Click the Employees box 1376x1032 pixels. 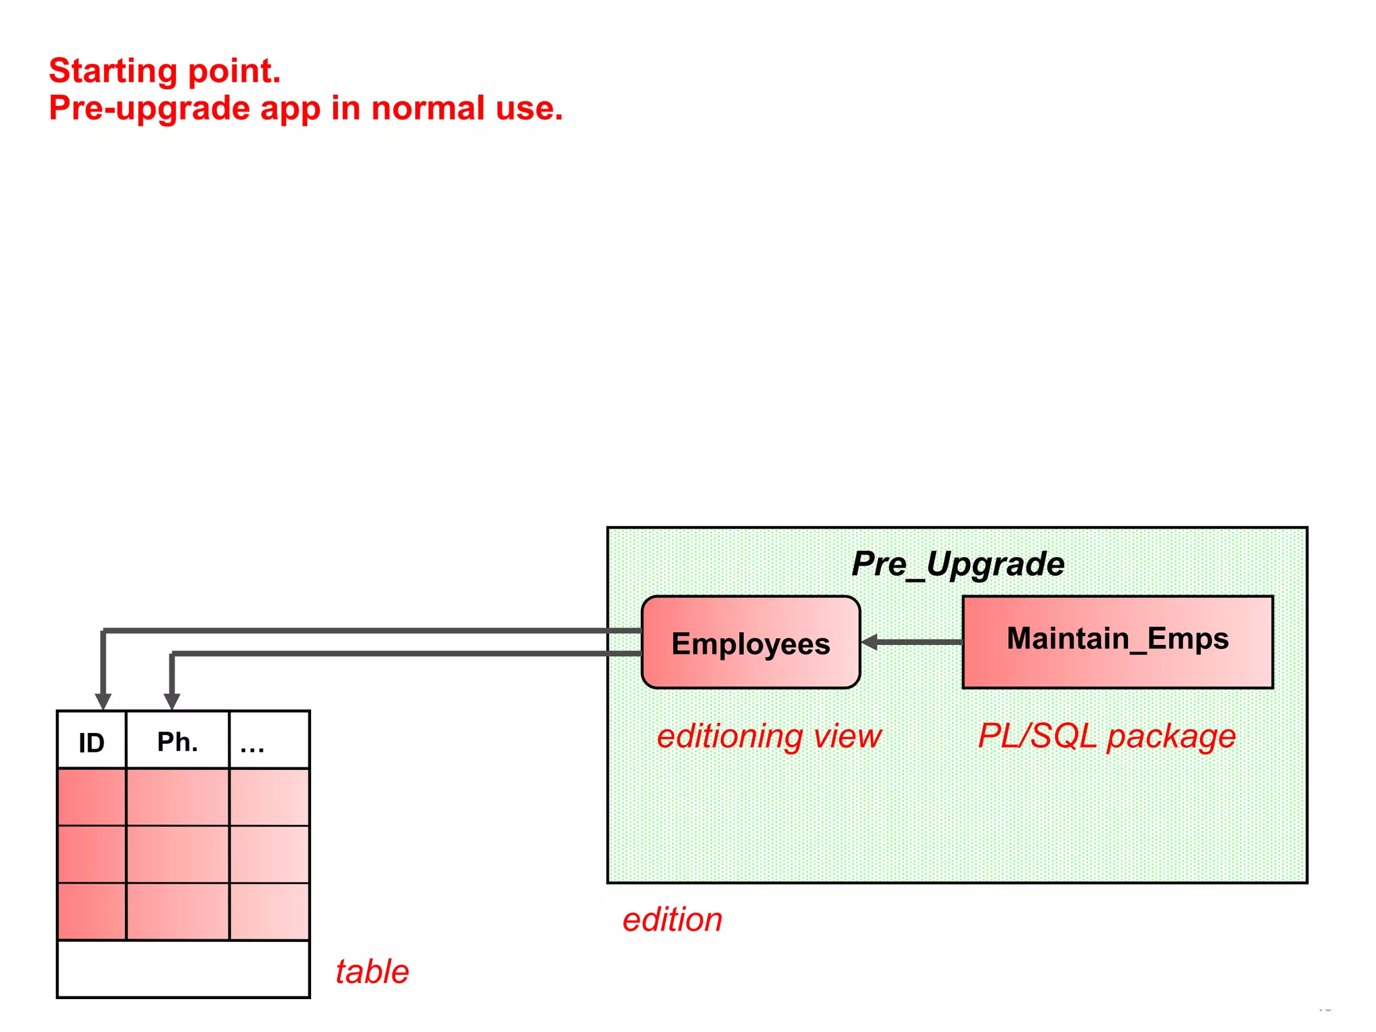750,643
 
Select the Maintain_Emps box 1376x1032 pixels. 1117,642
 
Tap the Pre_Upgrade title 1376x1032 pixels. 957,564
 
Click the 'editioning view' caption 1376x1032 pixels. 769,736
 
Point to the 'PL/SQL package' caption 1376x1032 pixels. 1107,736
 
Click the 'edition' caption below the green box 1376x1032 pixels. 673,920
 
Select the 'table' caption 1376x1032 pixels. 372,972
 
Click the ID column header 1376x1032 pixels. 91,742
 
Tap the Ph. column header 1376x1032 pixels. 177,742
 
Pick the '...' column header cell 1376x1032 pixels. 269,742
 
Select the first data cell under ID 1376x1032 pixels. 91,798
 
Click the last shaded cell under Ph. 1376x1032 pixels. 177,912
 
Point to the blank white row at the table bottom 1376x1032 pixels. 183,969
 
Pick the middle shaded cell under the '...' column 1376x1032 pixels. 269,855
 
